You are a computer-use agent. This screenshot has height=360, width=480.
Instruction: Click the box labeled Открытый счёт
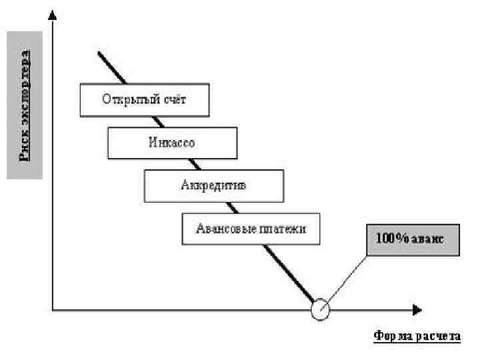pyautogui.click(x=145, y=100)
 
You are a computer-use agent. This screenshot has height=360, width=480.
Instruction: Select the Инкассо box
pyautogui.click(x=172, y=142)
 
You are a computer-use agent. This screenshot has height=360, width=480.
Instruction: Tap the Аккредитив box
pyautogui.click(x=213, y=185)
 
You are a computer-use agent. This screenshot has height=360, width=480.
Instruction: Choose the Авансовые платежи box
pyautogui.click(x=251, y=229)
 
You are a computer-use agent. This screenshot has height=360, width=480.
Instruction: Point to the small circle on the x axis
pyautogui.click(x=321, y=309)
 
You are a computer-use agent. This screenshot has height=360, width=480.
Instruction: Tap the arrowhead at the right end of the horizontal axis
pyautogui.click(x=417, y=310)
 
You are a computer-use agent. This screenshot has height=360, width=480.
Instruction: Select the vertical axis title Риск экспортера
pyautogui.click(x=25, y=105)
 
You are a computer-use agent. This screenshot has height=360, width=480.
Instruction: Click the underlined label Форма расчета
pyautogui.click(x=417, y=336)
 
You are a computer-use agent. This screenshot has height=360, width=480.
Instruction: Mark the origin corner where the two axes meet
pyautogui.click(x=53, y=310)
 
